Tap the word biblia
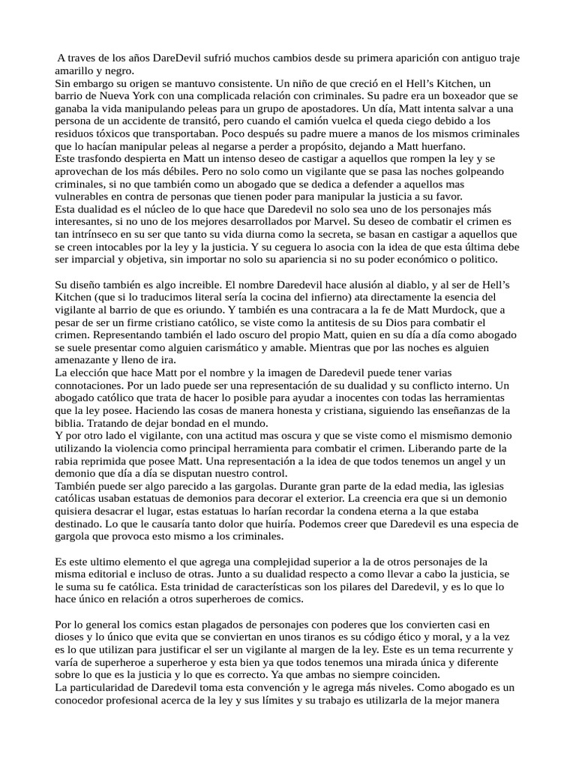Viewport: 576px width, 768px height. pyautogui.click(x=72, y=423)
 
